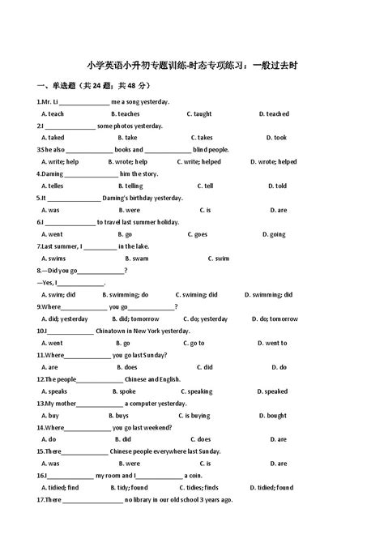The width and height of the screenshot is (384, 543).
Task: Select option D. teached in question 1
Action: (274, 114)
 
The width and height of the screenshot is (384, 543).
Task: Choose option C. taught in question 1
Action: (198, 114)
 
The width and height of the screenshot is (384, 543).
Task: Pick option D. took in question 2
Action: (273, 138)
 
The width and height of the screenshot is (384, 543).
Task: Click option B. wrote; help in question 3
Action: (132, 162)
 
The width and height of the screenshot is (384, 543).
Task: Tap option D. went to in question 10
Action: (273, 343)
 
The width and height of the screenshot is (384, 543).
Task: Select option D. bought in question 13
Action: (273, 416)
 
